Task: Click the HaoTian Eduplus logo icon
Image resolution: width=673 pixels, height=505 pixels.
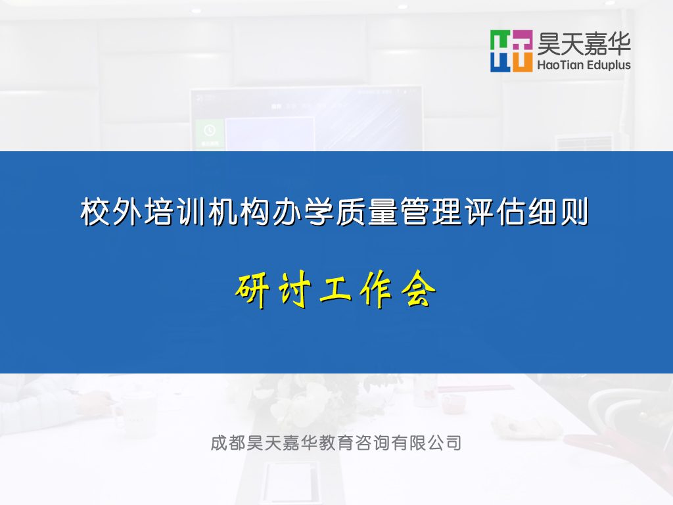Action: (x=511, y=51)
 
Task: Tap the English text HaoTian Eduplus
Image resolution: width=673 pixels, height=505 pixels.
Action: (x=584, y=65)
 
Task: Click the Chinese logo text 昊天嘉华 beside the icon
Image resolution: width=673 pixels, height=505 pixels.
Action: (x=584, y=44)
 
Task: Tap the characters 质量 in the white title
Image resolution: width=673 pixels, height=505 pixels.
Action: (x=366, y=212)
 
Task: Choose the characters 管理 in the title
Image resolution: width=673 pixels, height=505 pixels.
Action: (x=430, y=212)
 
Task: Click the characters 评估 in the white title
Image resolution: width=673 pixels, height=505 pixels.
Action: (x=494, y=212)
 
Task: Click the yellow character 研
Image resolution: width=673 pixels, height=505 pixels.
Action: (x=253, y=289)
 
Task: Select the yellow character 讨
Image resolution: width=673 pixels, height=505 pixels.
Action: (x=294, y=289)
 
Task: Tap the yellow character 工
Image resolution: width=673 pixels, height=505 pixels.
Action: (x=336, y=290)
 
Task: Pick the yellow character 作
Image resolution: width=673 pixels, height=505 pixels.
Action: (x=377, y=289)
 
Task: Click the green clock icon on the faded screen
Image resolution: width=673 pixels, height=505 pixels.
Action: (x=210, y=130)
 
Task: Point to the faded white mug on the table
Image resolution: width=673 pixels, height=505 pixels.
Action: (x=137, y=415)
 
